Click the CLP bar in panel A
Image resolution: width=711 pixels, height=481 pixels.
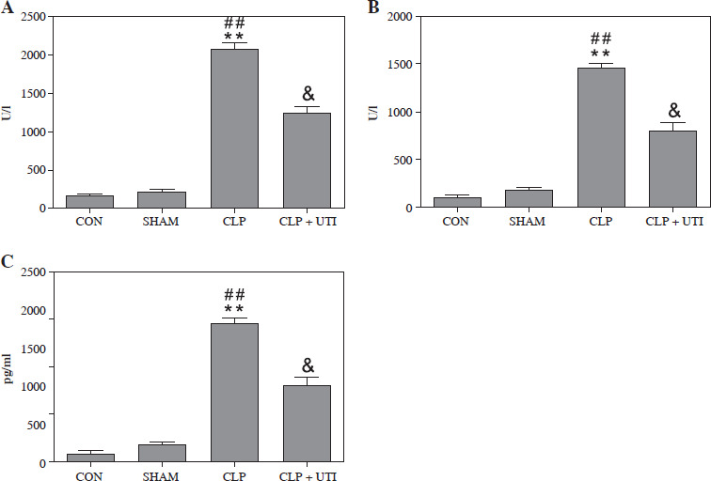(x=234, y=128)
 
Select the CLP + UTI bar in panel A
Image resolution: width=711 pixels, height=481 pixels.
(x=307, y=160)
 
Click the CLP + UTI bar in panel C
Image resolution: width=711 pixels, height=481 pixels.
(x=307, y=424)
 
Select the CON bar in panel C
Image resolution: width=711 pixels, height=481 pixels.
(x=90, y=458)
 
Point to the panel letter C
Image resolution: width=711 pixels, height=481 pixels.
(x=8, y=262)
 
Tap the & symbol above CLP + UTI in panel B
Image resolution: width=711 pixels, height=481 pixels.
(x=673, y=109)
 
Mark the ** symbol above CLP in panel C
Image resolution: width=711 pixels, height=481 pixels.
(x=235, y=309)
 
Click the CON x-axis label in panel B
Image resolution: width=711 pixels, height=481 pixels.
(x=456, y=223)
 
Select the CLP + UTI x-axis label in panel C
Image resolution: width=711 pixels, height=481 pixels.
(x=307, y=477)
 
